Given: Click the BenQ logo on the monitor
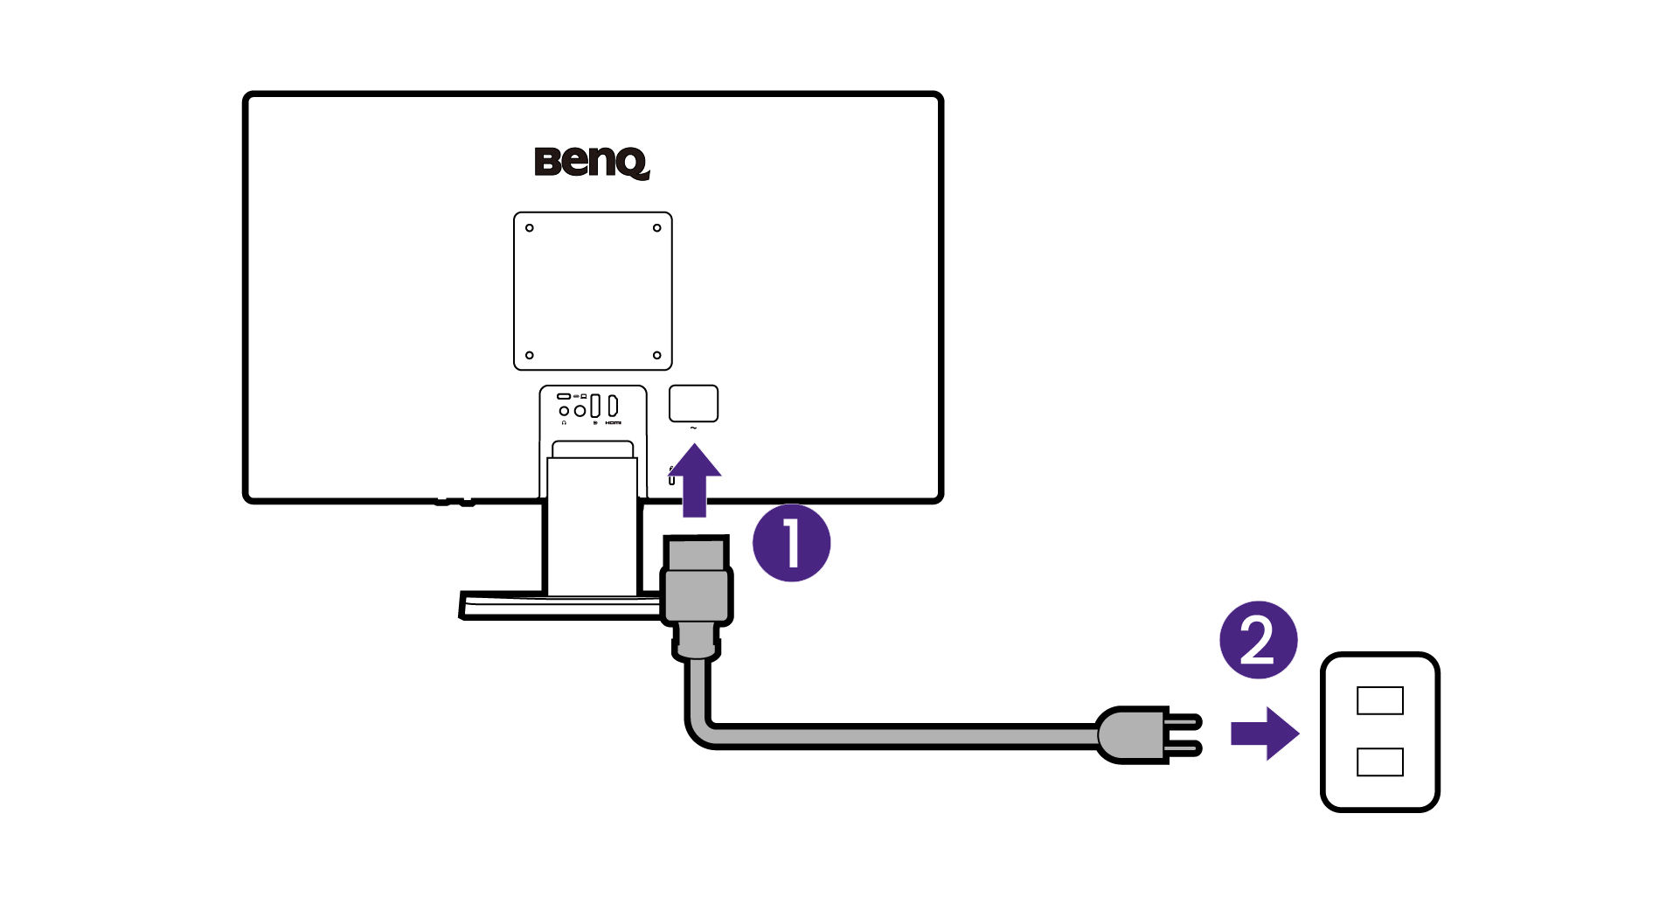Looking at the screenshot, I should [592, 163].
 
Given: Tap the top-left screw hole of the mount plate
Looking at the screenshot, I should [530, 228].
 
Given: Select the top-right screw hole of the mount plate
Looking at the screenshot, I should [656, 228].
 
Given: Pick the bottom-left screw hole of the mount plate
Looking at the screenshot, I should [530, 355].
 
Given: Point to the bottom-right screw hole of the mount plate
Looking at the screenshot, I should [656, 355].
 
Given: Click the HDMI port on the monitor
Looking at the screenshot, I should [613, 406].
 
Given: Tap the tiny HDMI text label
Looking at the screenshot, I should [613, 423].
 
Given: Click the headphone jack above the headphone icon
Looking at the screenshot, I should [564, 411].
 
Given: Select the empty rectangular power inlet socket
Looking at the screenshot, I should [693, 404].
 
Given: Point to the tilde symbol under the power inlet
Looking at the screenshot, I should [693, 428].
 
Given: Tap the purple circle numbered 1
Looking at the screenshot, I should [791, 543].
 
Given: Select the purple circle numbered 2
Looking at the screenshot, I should [1258, 640].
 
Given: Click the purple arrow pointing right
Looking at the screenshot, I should [1264, 734].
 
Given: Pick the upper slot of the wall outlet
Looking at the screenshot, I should [1379, 700].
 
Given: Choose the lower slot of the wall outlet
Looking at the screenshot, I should [1379, 761].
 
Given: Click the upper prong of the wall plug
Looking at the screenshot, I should [1185, 721].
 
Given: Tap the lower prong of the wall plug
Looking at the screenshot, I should [1185, 748].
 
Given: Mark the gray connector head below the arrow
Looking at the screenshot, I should [697, 595].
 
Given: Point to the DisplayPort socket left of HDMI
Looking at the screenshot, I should [595, 406].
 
